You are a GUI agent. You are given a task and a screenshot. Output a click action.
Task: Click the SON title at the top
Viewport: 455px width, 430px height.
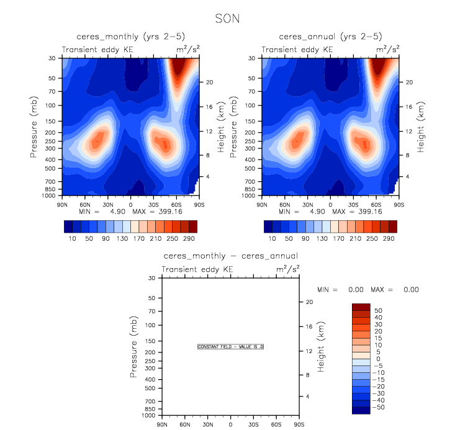(227, 19)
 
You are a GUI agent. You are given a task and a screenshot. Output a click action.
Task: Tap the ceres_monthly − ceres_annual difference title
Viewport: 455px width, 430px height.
(230, 256)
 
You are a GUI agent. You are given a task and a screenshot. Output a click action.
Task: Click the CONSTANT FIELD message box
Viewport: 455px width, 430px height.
(230, 347)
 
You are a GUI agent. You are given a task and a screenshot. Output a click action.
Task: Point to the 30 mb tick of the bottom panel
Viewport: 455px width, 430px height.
(151, 278)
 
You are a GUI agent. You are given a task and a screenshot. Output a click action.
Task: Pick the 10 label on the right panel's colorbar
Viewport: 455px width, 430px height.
(272, 238)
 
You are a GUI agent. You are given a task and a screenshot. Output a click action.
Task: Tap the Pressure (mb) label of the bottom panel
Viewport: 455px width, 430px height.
(135, 347)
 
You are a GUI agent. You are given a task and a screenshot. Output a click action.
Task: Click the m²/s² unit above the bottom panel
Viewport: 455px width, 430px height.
(288, 268)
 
